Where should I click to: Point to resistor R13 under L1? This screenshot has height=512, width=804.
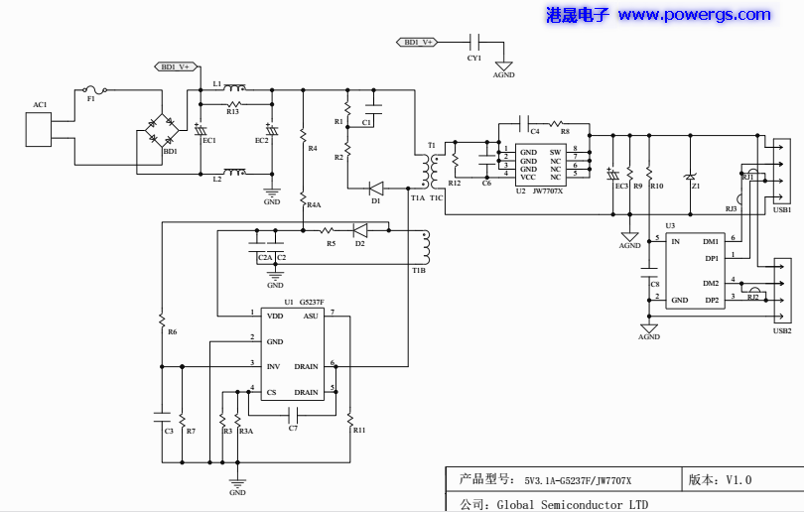click(234, 103)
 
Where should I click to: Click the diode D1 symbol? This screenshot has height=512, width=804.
click(376, 188)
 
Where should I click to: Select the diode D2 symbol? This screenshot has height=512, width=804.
click(359, 230)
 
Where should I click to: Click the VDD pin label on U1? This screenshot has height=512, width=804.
click(275, 316)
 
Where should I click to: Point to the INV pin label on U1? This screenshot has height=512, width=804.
click(273, 366)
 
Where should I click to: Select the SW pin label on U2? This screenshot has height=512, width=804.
click(556, 151)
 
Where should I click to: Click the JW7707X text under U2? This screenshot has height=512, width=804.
click(547, 191)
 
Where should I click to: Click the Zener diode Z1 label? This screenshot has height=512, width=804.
click(696, 186)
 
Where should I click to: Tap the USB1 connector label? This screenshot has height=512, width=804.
click(782, 210)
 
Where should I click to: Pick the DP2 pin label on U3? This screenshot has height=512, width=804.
click(711, 300)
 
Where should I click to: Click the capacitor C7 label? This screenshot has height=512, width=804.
click(293, 428)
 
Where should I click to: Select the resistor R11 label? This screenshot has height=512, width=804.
click(358, 430)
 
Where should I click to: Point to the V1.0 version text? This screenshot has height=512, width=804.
click(738, 480)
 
